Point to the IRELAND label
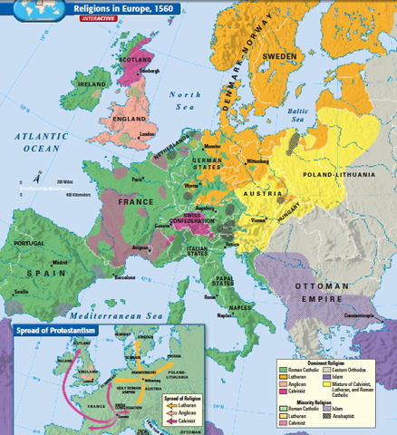point(93,83)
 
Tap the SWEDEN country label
point(279,55)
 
